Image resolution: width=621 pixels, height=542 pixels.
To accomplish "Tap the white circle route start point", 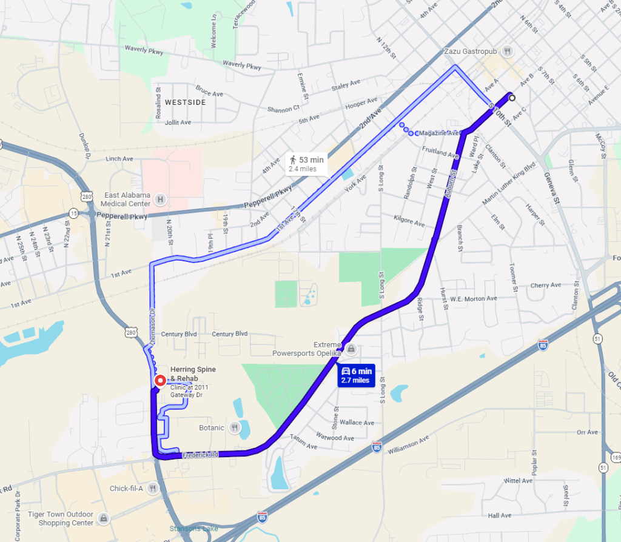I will click(x=512, y=98).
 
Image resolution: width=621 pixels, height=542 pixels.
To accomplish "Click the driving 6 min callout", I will click(x=355, y=375).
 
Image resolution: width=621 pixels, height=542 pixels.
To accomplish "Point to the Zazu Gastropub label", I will click(x=472, y=51).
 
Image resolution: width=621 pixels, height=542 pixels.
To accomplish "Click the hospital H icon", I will click(x=160, y=199).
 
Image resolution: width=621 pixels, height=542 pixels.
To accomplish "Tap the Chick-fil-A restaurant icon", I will click(x=153, y=488).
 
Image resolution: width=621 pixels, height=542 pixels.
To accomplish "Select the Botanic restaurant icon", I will click(x=232, y=427).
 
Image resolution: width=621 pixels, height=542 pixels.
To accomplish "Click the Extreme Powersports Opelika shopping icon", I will click(x=351, y=349).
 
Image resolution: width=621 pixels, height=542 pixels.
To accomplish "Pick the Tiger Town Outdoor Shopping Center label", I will click(x=61, y=518).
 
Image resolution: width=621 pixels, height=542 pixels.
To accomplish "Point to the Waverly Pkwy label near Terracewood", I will click(x=242, y=65).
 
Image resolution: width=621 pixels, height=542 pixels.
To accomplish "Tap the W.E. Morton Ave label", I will click(x=474, y=298).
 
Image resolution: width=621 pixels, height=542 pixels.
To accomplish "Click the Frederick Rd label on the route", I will click(x=200, y=454).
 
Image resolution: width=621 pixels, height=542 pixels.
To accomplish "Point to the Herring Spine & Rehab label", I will click(x=192, y=373).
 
